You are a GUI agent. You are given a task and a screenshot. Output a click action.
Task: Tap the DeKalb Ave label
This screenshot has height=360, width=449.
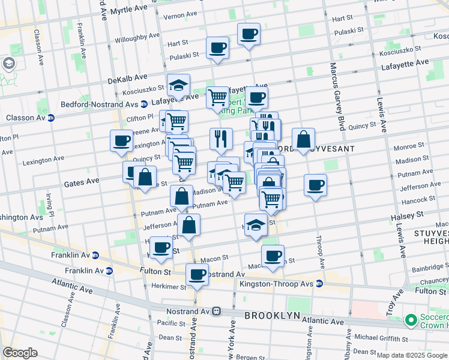coord(128,78)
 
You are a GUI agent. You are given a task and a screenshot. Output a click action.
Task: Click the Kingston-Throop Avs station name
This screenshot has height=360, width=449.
coord(276,283)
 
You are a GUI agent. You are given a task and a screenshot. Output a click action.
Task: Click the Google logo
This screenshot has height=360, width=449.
coord(20,353)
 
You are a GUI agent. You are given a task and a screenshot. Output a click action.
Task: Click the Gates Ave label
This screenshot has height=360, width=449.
coord(83,181)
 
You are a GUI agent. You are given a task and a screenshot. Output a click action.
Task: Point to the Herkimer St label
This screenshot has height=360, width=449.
coord(169,286)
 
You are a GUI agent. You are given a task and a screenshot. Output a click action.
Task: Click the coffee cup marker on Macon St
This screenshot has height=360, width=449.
coord(273,256)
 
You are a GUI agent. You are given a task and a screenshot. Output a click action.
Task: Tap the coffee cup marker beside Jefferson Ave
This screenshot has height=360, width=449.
coord(315,185)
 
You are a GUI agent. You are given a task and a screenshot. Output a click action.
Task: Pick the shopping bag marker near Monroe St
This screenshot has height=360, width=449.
coord(304,140)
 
